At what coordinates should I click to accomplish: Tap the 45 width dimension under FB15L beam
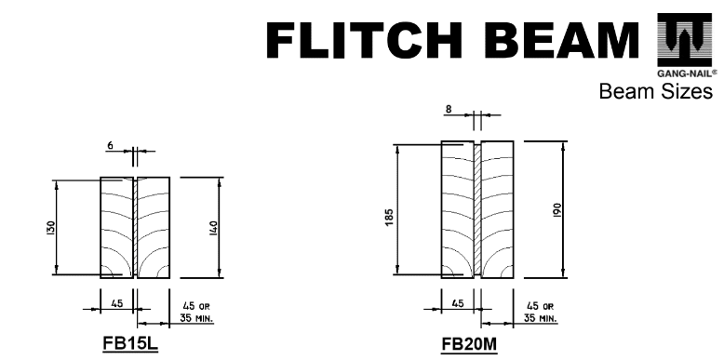(117, 301)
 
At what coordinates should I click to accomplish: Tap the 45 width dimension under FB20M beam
(457, 301)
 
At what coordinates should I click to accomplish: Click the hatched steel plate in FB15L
(135, 229)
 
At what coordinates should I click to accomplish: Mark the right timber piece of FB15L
(154, 228)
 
